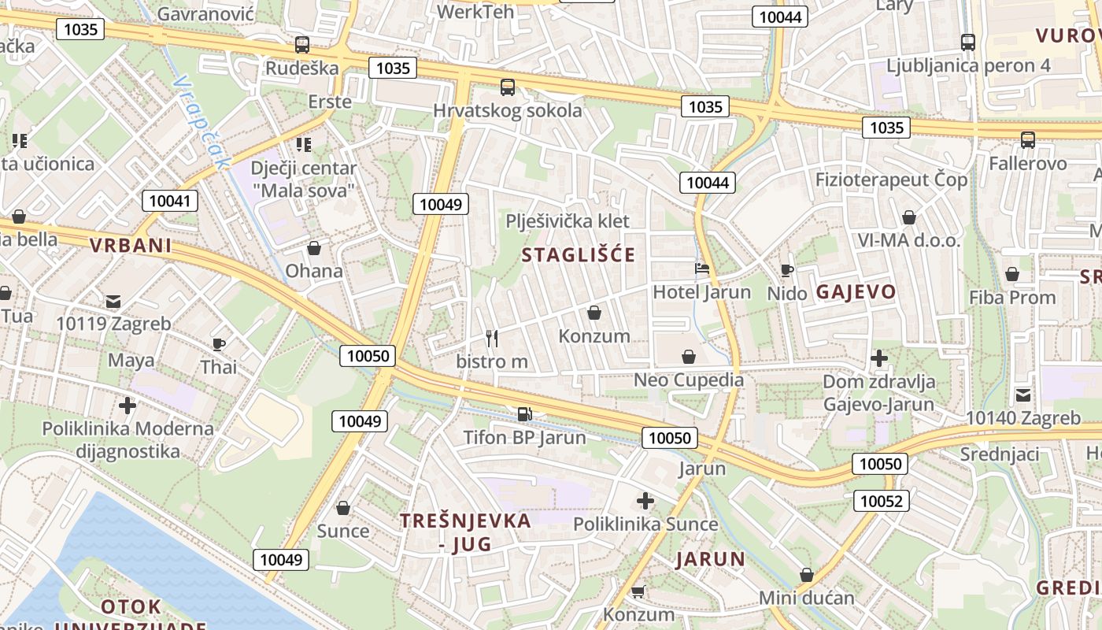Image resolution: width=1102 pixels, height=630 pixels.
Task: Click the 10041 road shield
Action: pyautogui.click(x=170, y=201)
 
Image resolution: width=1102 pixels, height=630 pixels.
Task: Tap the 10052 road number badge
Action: pyautogui.click(x=884, y=501)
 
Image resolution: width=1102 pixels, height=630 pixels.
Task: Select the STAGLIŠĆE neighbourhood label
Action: pyautogui.click(x=578, y=255)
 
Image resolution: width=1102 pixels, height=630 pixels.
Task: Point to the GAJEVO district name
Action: pyautogui.click(x=856, y=292)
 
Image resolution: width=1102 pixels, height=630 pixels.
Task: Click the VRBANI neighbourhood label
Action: pyautogui.click(x=131, y=246)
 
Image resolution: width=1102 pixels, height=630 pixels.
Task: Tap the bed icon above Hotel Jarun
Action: pyautogui.click(x=702, y=269)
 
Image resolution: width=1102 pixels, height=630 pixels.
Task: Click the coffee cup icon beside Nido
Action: pyautogui.click(x=787, y=271)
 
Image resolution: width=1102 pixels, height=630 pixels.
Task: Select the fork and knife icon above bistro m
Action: pyautogui.click(x=492, y=339)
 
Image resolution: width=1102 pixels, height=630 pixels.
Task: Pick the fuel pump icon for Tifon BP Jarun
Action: pyautogui.click(x=523, y=413)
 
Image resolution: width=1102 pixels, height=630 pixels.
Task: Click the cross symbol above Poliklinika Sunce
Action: pyautogui.click(x=645, y=501)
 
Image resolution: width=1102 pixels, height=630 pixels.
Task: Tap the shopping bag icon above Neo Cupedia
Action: pyautogui.click(x=689, y=357)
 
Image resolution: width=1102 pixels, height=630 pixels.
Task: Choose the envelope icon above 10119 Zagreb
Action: pyautogui.click(x=113, y=301)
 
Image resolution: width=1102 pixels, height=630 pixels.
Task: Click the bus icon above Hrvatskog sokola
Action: pyautogui.click(x=508, y=87)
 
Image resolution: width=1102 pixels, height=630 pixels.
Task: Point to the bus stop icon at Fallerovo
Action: pyautogui.click(x=1028, y=140)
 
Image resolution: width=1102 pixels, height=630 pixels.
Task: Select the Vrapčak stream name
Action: pyautogui.click(x=200, y=122)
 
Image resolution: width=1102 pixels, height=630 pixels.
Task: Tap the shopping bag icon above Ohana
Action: pyautogui.click(x=314, y=249)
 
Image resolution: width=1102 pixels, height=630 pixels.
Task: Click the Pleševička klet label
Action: pyautogui.click(x=568, y=220)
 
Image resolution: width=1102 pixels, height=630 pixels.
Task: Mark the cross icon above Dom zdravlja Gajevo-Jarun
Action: pyautogui.click(x=879, y=359)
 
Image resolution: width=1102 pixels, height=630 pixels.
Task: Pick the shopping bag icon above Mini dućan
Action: pyautogui.click(x=806, y=575)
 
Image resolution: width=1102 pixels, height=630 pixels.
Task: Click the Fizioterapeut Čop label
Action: pyautogui.click(x=891, y=180)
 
